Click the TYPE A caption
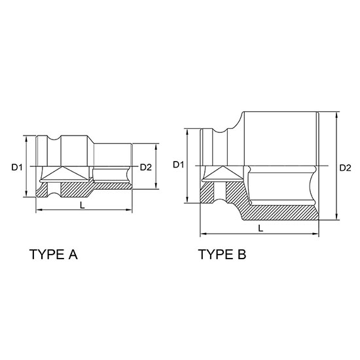pos(54,255)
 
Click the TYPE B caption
pos(223,255)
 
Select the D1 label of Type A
pos(17,168)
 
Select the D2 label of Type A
pos(146,168)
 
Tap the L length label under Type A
pos(81,205)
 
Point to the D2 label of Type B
pos(345,168)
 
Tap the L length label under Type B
pos(261,228)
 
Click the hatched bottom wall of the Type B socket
pos(281,213)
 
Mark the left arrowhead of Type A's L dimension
pos(39,210)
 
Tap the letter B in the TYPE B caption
pos(241,255)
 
